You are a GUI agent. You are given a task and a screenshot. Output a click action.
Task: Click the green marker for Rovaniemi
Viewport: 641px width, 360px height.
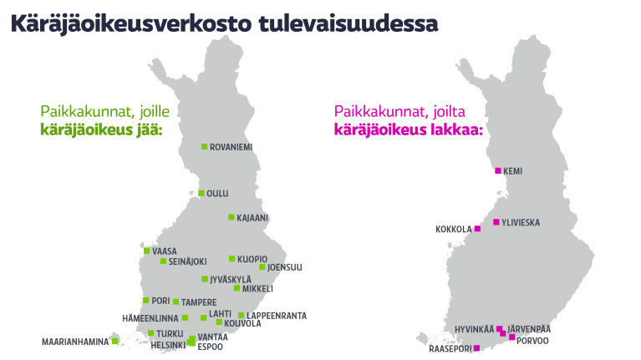click(204, 147)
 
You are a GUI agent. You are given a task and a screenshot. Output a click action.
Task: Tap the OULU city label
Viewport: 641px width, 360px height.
click(217, 194)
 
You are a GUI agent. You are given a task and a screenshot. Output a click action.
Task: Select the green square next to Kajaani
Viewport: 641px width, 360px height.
click(231, 217)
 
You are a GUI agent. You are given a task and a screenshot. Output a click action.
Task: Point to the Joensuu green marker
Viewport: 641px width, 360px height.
click(262, 267)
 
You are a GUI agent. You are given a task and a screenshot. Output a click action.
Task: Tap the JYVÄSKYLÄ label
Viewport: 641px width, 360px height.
click(231, 280)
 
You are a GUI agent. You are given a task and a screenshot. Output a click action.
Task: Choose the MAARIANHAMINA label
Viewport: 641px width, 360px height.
click(75, 342)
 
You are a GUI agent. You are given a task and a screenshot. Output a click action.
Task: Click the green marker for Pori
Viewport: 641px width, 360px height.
click(146, 300)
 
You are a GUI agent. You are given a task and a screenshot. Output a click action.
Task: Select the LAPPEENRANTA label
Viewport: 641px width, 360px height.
click(277, 316)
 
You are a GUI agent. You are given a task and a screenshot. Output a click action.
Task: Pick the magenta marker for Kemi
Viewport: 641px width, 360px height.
click(498, 170)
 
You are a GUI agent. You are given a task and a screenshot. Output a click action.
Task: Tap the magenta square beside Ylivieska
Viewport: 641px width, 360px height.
click(496, 222)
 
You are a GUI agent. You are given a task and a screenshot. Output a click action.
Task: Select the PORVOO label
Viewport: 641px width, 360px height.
click(532, 341)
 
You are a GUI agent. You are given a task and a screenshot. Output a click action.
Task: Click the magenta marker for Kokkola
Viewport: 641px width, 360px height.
click(477, 229)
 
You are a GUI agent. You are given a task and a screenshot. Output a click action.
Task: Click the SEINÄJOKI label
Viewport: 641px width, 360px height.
click(188, 261)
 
